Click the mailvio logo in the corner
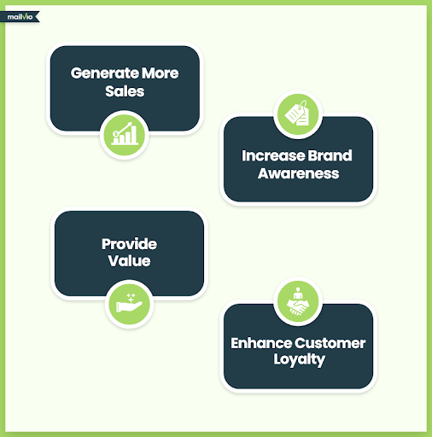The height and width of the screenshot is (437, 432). (x=20, y=17)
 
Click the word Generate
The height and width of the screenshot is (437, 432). (x=105, y=73)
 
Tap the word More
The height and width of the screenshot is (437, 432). (x=161, y=73)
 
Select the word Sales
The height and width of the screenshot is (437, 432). (x=125, y=91)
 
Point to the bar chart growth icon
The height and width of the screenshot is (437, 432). (x=125, y=134)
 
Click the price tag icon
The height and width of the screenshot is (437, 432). (x=298, y=114)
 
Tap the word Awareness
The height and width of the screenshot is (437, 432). (x=298, y=173)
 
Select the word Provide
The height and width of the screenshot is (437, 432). (x=129, y=244)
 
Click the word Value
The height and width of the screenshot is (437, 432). (x=129, y=261)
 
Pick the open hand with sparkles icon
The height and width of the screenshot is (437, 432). (x=129, y=303)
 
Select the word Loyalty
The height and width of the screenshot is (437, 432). (x=299, y=359)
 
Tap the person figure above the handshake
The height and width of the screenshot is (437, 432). (x=298, y=293)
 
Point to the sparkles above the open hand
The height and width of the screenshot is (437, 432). (x=131, y=297)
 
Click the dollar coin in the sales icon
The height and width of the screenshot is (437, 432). (x=115, y=133)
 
